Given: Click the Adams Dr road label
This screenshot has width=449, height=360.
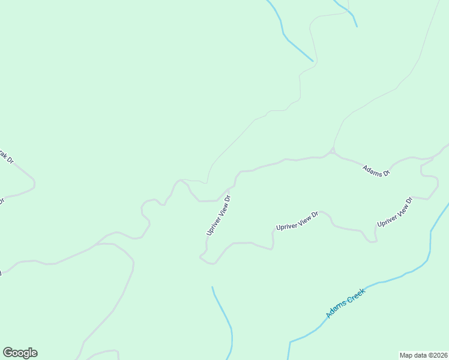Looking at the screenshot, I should tap(376, 170).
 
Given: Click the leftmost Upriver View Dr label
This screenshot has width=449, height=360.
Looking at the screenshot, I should tap(218, 214).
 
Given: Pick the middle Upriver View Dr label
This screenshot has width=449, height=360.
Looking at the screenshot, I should tap(296, 221).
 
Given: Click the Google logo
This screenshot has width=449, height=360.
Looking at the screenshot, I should tap(20, 353).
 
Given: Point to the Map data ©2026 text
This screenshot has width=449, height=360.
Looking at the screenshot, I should tap(423, 355).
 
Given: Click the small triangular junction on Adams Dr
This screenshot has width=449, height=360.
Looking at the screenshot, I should tap(332, 150).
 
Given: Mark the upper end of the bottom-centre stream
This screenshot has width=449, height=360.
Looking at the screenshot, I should tap(212, 288).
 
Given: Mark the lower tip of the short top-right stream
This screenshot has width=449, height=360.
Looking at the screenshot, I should tap(357, 26).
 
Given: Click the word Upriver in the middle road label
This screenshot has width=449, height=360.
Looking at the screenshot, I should tap(286, 225).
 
